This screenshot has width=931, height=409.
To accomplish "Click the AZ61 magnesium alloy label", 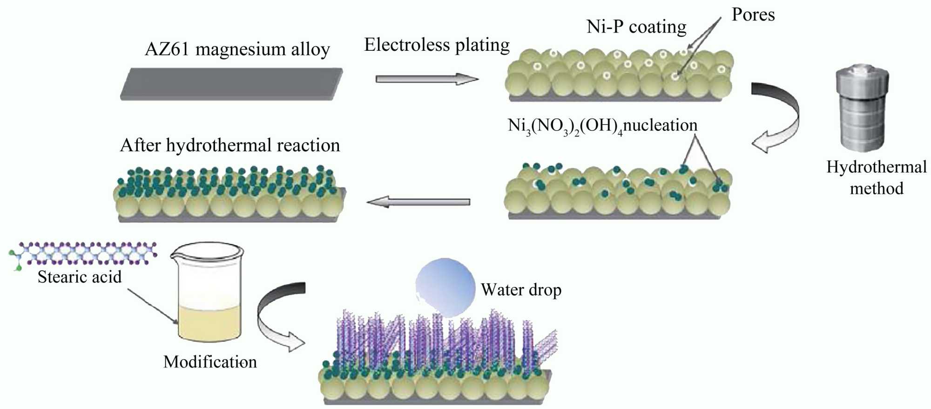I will [x=237, y=49].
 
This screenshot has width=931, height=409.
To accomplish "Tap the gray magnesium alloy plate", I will [x=231, y=84].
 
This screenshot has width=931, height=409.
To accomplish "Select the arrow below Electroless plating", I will [x=426, y=79].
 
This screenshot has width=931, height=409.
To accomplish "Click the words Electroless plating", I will [x=437, y=45].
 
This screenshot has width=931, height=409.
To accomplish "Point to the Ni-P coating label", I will [x=636, y=27].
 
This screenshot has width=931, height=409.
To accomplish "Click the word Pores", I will [x=753, y=15].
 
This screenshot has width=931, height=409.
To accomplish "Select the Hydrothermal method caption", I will [x=877, y=177].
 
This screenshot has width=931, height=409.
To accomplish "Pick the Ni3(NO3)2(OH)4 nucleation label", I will [x=602, y=126].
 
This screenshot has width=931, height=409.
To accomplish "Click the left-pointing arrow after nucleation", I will [x=418, y=202].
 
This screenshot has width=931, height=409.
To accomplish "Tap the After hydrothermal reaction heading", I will [x=230, y=146].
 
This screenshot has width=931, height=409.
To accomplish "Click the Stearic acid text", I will [x=80, y=277].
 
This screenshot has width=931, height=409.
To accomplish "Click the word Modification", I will [x=210, y=362].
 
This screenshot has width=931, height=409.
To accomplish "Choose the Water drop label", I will [x=521, y=290].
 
